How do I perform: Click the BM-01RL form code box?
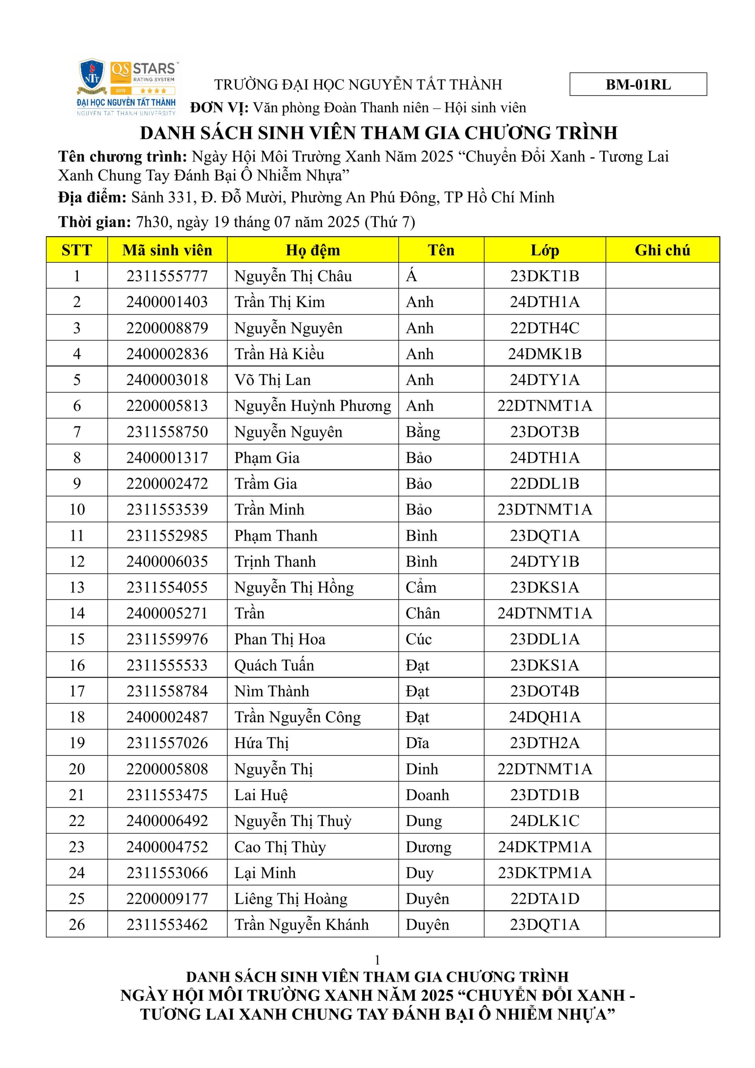tap(638, 84)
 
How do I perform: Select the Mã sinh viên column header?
tap(167, 250)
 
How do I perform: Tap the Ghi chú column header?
tap(662, 250)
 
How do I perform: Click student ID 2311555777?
tap(167, 276)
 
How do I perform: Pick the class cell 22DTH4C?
tap(544, 328)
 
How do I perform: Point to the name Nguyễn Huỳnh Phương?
tap(312, 406)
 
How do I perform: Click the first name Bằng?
tap(423, 432)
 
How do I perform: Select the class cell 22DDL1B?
tap(544, 483)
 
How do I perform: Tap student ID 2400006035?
tap(167, 562)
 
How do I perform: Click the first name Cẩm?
tap(420, 587)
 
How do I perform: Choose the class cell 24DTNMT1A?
tap(544, 613)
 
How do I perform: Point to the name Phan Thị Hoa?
tap(279, 639)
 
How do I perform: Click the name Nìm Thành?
tap(272, 691)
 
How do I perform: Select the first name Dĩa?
tap(417, 743)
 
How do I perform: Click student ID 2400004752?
tap(167, 846)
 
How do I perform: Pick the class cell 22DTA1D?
tap(544, 898)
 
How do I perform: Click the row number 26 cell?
tap(77, 924)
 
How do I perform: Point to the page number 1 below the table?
tap(377, 960)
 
